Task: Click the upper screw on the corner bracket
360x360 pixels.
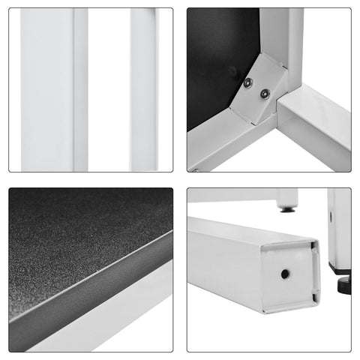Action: (248, 83)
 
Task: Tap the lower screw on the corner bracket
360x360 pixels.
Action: (265, 94)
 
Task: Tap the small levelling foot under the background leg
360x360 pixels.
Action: (286, 210)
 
